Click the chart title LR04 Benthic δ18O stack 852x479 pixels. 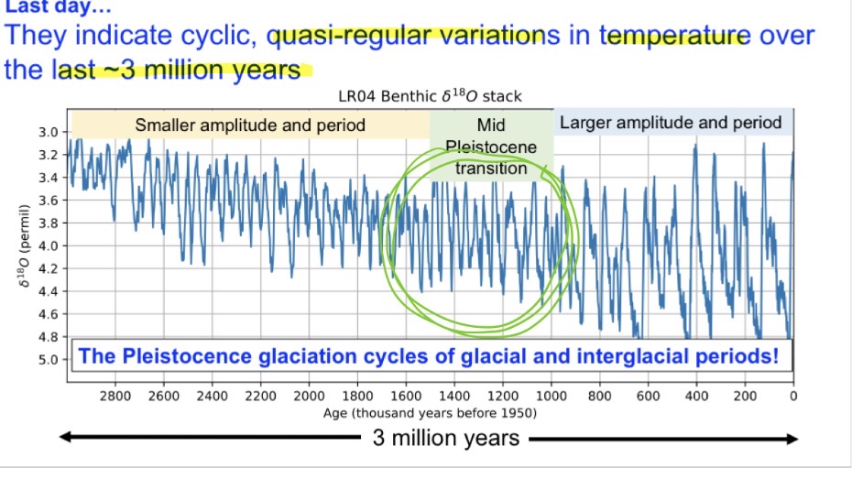point(431,95)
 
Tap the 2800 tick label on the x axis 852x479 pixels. point(115,396)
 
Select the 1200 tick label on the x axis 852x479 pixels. point(503,396)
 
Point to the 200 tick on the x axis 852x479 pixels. point(745,396)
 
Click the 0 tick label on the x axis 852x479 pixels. point(793,396)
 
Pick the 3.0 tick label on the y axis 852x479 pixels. point(47,133)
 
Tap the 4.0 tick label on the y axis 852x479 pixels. point(47,245)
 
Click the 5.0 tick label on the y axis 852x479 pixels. point(47,359)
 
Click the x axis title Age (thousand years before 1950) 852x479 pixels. point(431,413)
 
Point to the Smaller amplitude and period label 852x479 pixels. point(250,125)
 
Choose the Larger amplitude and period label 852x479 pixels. point(671,123)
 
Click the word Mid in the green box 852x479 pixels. point(491,125)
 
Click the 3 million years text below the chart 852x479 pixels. point(445,439)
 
